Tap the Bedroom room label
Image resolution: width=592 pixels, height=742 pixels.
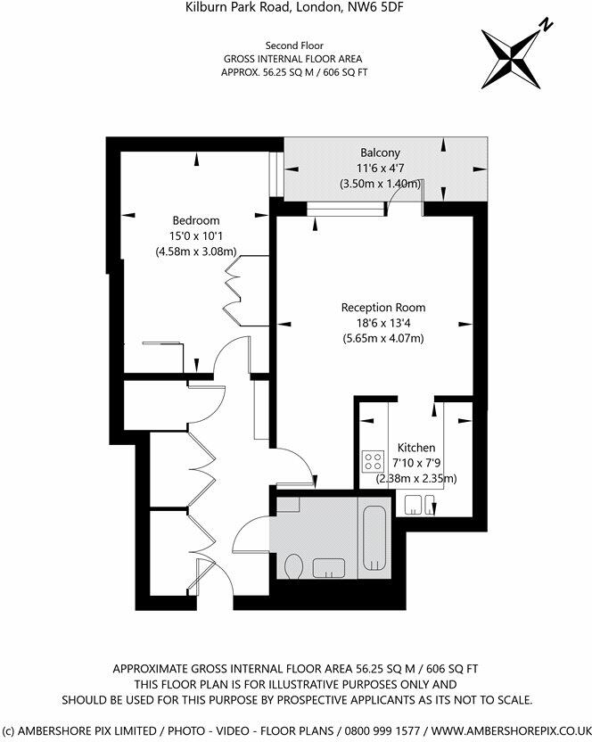pyautogui.click(x=195, y=220)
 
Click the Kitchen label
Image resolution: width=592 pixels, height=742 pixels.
pyautogui.click(x=416, y=448)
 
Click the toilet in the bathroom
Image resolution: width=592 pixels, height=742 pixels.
pyautogui.click(x=294, y=565)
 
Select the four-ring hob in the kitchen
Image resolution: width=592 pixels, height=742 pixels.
pyautogui.click(x=371, y=462)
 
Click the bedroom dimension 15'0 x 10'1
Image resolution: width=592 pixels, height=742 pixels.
pyautogui.click(x=195, y=236)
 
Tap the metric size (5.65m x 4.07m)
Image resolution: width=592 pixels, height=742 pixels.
pyautogui.click(x=383, y=338)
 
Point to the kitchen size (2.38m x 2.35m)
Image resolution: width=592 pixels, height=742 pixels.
pyautogui.click(x=416, y=478)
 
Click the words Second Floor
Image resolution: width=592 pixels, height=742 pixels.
pyautogui.click(x=295, y=45)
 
